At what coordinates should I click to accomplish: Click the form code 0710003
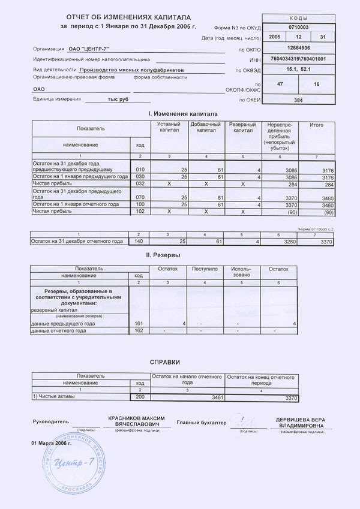coord(298,28)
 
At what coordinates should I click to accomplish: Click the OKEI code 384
coord(298,100)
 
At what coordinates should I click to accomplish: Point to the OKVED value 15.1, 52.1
coord(298,70)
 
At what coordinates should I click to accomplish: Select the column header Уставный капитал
coord(169,127)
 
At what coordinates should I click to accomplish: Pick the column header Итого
coord(316,125)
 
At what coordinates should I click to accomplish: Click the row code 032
coord(140,185)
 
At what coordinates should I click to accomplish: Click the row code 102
coord(140,212)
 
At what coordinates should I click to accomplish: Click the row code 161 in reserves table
coord(139,324)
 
